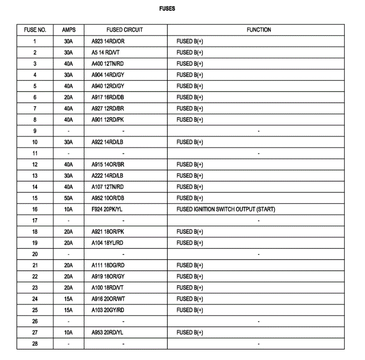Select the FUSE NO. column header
(35, 30)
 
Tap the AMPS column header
(69, 30)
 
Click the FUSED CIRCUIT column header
(124, 30)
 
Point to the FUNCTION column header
(259, 30)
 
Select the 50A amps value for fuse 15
(69, 198)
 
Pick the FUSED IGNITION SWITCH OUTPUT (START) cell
(226, 209)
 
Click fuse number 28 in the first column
(35, 344)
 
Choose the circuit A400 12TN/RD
(108, 64)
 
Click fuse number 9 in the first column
(35, 131)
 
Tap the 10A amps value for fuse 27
(69, 332)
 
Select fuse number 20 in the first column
(35, 254)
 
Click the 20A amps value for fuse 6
(69, 97)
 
